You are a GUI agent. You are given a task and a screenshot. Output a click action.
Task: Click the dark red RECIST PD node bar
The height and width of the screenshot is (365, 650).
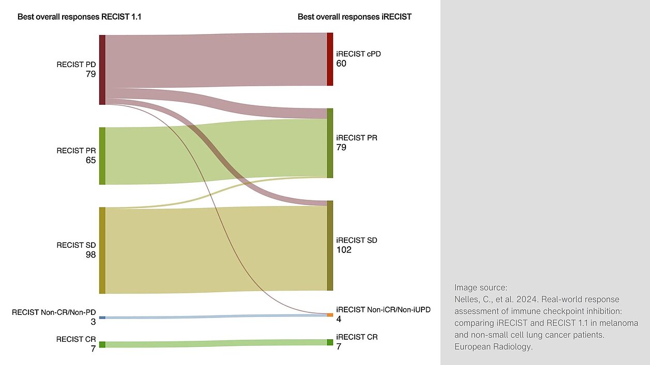(102, 70)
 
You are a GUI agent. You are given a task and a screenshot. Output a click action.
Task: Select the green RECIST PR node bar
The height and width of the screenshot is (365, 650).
(102, 156)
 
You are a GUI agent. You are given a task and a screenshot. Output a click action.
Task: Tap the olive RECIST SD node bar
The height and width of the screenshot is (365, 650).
(102, 250)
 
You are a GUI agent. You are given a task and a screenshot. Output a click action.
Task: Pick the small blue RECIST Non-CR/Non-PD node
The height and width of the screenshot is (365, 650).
(102, 318)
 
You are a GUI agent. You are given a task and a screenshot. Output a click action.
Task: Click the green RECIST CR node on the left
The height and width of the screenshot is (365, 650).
(102, 344)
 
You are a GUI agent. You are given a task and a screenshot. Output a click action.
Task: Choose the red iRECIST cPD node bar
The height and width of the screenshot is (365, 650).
(330, 59)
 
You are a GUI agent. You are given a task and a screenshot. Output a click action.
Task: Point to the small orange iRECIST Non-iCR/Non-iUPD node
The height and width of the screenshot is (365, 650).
(330, 314)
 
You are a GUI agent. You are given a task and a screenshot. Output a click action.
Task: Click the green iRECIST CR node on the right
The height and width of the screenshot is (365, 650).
(330, 342)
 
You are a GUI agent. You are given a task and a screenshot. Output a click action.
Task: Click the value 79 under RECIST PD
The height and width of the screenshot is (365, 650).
(91, 74)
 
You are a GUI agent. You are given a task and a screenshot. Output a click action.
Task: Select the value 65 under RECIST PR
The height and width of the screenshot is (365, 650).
(91, 160)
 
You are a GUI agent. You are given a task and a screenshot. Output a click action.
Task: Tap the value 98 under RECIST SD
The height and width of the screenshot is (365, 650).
(91, 255)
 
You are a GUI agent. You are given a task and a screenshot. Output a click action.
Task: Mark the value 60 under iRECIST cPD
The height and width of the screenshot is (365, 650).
(341, 64)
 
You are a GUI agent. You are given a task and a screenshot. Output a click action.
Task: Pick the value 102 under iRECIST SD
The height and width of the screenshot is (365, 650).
(344, 250)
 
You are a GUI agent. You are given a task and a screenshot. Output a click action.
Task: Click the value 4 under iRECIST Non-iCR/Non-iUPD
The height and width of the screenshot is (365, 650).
(339, 319)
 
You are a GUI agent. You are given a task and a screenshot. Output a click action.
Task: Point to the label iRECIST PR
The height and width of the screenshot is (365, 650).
(357, 138)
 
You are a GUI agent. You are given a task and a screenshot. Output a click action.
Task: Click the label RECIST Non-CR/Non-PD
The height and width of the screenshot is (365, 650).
(54, 312)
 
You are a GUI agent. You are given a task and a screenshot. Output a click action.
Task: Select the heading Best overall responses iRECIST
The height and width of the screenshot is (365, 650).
(354, 17)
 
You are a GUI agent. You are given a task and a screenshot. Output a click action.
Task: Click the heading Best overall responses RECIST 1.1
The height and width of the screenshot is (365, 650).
(80, 17)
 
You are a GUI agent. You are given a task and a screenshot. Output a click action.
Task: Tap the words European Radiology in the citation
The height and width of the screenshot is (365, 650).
(493, 347)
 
